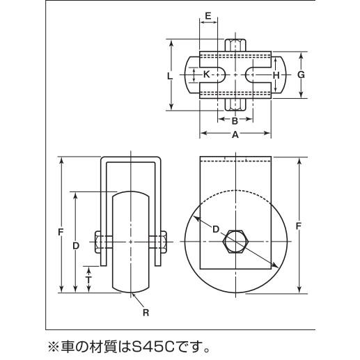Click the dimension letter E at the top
(208, 16)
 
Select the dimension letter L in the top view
(170, 76)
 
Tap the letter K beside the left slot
(206, 75)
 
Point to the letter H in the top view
(276, 75)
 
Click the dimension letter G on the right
(301, 75)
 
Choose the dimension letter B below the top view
(235, 121)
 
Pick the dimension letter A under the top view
(235, 134)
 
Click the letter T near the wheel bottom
(88, 280)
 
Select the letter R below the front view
(146, 313)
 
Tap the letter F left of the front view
(61, 232)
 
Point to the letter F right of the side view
(299, 226)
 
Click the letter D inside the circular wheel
(216, 229)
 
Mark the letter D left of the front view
(76, 246)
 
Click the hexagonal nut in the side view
(236, 242)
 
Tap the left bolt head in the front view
(97, 242)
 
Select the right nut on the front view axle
(164, 242)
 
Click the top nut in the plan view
(235, 45)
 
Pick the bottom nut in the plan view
(235, 104)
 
